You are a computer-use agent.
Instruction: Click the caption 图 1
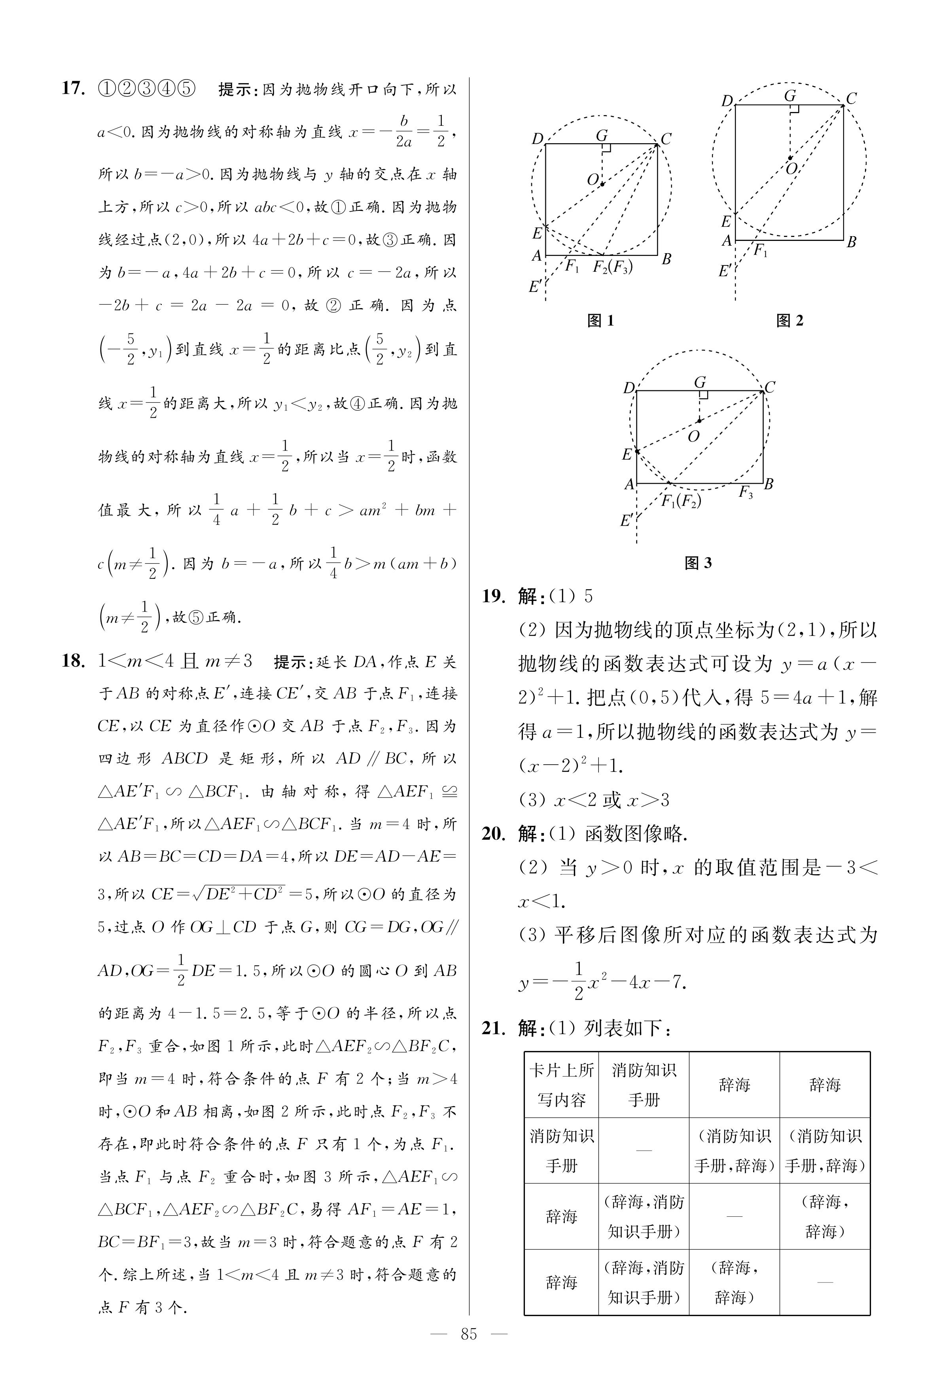601,321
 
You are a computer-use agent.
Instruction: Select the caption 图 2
789,321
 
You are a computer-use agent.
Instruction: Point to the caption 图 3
698,563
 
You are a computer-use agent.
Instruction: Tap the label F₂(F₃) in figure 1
613,267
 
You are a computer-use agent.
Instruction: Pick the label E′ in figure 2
725,271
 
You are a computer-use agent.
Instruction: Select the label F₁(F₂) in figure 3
681,500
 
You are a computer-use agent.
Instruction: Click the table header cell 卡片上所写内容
562,1085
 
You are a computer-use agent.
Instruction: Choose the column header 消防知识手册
644,1085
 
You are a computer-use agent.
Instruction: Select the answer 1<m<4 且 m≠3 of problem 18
175,661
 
